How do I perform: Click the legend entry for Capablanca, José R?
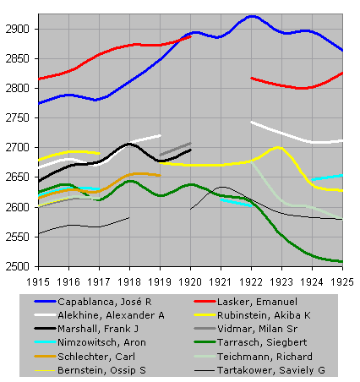(105, 302)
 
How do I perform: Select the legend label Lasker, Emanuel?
(257, 302)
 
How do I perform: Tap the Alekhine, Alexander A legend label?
(111, 315)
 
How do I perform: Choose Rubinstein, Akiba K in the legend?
(264, 315)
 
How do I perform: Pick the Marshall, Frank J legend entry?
(98, 329)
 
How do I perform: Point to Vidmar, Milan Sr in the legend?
(257, 329)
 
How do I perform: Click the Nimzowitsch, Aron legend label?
(101, 342)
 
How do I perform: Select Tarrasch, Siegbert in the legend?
(262, 342)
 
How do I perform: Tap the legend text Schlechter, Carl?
(96, 357)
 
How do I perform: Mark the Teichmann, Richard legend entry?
(265, 357)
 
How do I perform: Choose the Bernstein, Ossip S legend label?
(101, 370)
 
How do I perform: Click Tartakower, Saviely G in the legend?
(271, 370)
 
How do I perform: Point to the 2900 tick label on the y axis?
(18, 29)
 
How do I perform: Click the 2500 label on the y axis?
(18, 266)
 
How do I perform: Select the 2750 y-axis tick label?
(18, 118)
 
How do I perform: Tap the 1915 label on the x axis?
(38, 282)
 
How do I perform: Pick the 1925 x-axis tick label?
(342, 282)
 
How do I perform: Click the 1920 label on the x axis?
(190, 282)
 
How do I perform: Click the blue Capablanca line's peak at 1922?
(252, 16)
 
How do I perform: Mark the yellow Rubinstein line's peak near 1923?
(278, 147)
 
